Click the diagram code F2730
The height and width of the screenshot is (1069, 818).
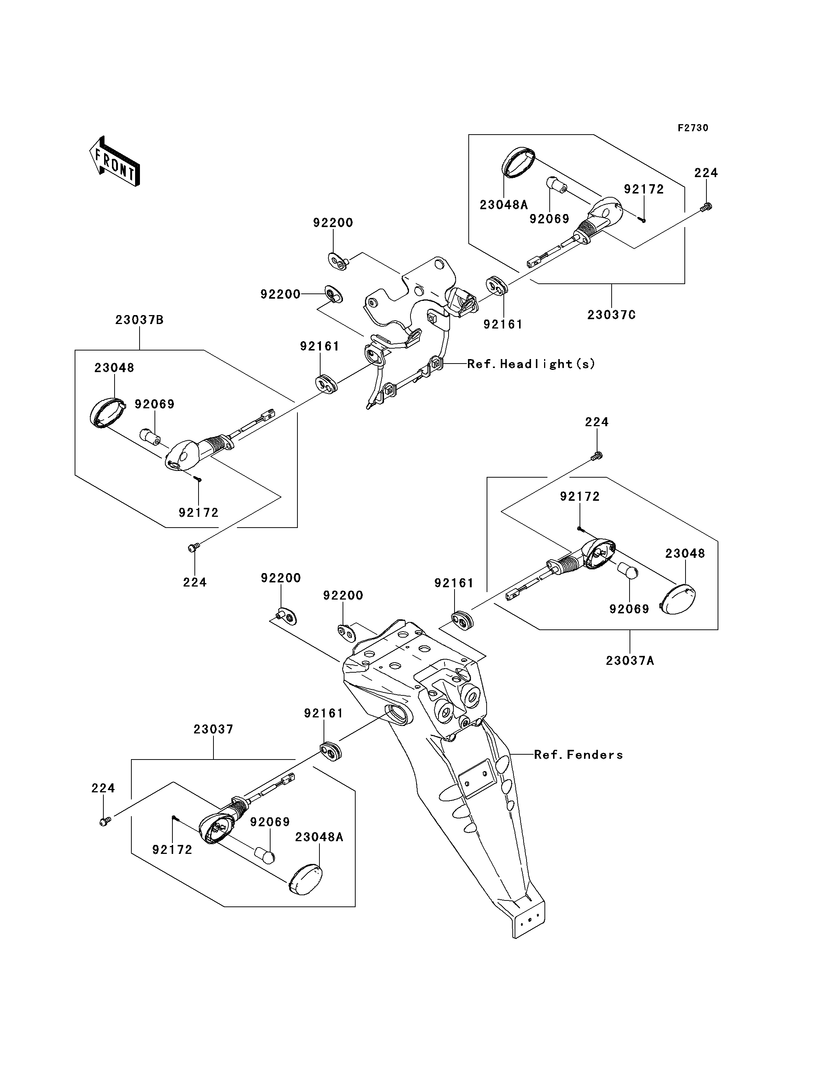[693, 128]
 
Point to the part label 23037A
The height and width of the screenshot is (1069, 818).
[630, 660]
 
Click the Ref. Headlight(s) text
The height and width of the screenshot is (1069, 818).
[531, 364]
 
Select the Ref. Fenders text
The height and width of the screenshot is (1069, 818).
[578, 755]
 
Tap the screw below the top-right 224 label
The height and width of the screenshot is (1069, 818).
[706, 207]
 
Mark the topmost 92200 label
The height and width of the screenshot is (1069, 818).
[333, 223]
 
